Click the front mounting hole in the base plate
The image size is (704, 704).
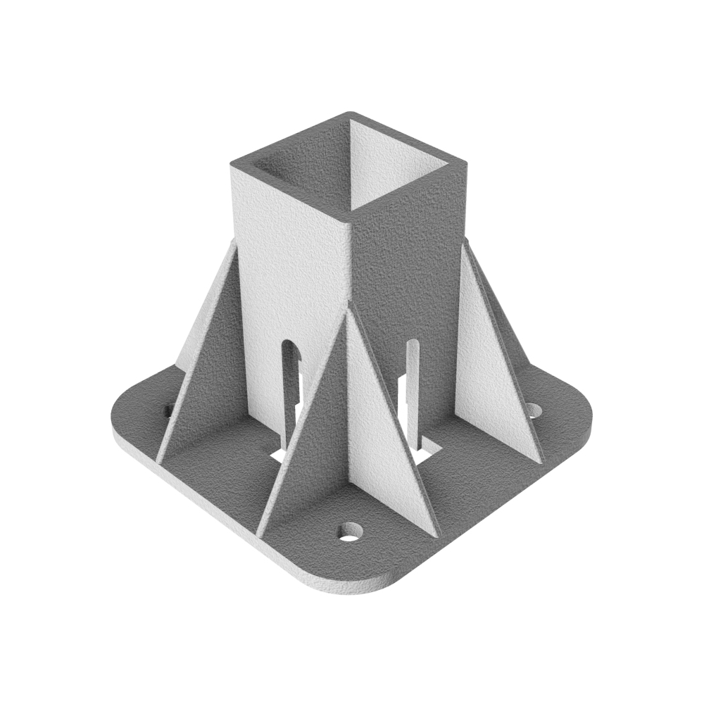click(x=349, y=532)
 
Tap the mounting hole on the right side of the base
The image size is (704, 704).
click(x=534, y=410)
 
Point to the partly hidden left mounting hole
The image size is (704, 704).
click(x=168, y=409)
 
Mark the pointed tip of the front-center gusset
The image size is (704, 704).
click(x=347, y=304)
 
